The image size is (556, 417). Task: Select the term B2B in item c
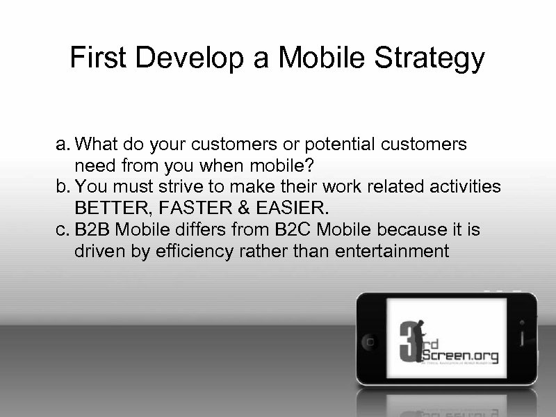click(92, 229)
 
